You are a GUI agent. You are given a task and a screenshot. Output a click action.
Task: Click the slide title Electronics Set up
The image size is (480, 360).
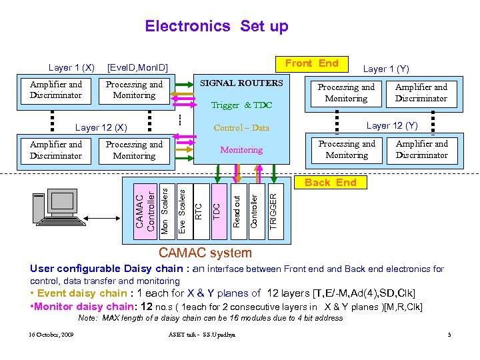click(x=217, y=26)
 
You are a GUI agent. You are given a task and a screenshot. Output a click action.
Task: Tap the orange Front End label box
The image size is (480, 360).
click(x=311, y=63)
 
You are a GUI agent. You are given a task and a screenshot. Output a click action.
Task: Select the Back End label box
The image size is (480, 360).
click(x=331, y=182)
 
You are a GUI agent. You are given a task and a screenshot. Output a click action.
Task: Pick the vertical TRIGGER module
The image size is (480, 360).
click(x=272, y=207)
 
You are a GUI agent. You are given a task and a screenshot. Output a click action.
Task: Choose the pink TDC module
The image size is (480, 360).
click(x=217, y=207)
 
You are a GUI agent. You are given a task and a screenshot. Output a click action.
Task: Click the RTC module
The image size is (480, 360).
click(x=198, y=207)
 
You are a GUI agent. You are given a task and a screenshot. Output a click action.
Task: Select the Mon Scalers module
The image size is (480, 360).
click(x=165, y=207)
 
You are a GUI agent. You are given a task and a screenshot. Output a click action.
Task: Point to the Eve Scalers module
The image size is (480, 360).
click(x=181, y=207)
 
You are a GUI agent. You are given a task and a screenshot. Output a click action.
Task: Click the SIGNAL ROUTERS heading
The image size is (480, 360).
click(x=241, y=83)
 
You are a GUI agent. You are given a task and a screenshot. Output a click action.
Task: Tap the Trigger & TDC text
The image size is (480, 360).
click(x=241, y=105)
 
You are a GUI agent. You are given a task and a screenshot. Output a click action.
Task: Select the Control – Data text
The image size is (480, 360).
click(x=241, y=127)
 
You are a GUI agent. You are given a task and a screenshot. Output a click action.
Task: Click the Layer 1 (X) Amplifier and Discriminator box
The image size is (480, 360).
click(x=56, y=90)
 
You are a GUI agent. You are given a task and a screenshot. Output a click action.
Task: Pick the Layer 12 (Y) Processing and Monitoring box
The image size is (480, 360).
click(x=347, y=149)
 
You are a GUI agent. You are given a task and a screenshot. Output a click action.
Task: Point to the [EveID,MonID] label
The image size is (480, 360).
click(x=137, y=67)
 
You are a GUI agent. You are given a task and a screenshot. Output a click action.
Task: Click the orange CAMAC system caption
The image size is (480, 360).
click(x=205, y=253)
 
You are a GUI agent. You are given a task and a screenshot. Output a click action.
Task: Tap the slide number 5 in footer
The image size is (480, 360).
click(x=449, y=334)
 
